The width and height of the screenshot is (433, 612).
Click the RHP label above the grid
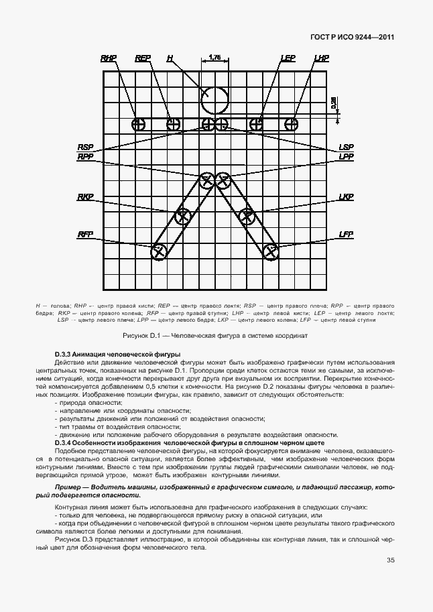pos(109,59)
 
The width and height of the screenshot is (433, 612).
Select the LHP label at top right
pos(321,59)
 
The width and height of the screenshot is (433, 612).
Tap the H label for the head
pos(170,59)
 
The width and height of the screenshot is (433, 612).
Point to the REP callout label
pos(142,59)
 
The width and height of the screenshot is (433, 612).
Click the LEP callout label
pos(288,59)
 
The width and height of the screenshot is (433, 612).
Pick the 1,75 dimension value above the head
pos(215,58)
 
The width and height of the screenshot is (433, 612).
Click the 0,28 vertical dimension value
pos(334,103)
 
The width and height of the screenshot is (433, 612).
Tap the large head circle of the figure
pos(215,100)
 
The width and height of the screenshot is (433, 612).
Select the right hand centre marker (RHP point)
pos(138,124)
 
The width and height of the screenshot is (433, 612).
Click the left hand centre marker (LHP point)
pos(291,123)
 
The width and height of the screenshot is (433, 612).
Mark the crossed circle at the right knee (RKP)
pos(182,215)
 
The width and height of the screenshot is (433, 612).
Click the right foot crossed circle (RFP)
pos(159,252)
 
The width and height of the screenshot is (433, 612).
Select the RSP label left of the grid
pos(85,146)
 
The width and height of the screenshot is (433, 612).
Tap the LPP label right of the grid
pos(346,156)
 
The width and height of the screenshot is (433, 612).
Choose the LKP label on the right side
pos(346,197)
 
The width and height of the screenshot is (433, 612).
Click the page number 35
pos(390,561)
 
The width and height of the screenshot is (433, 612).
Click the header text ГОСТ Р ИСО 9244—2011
pos(352,38)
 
